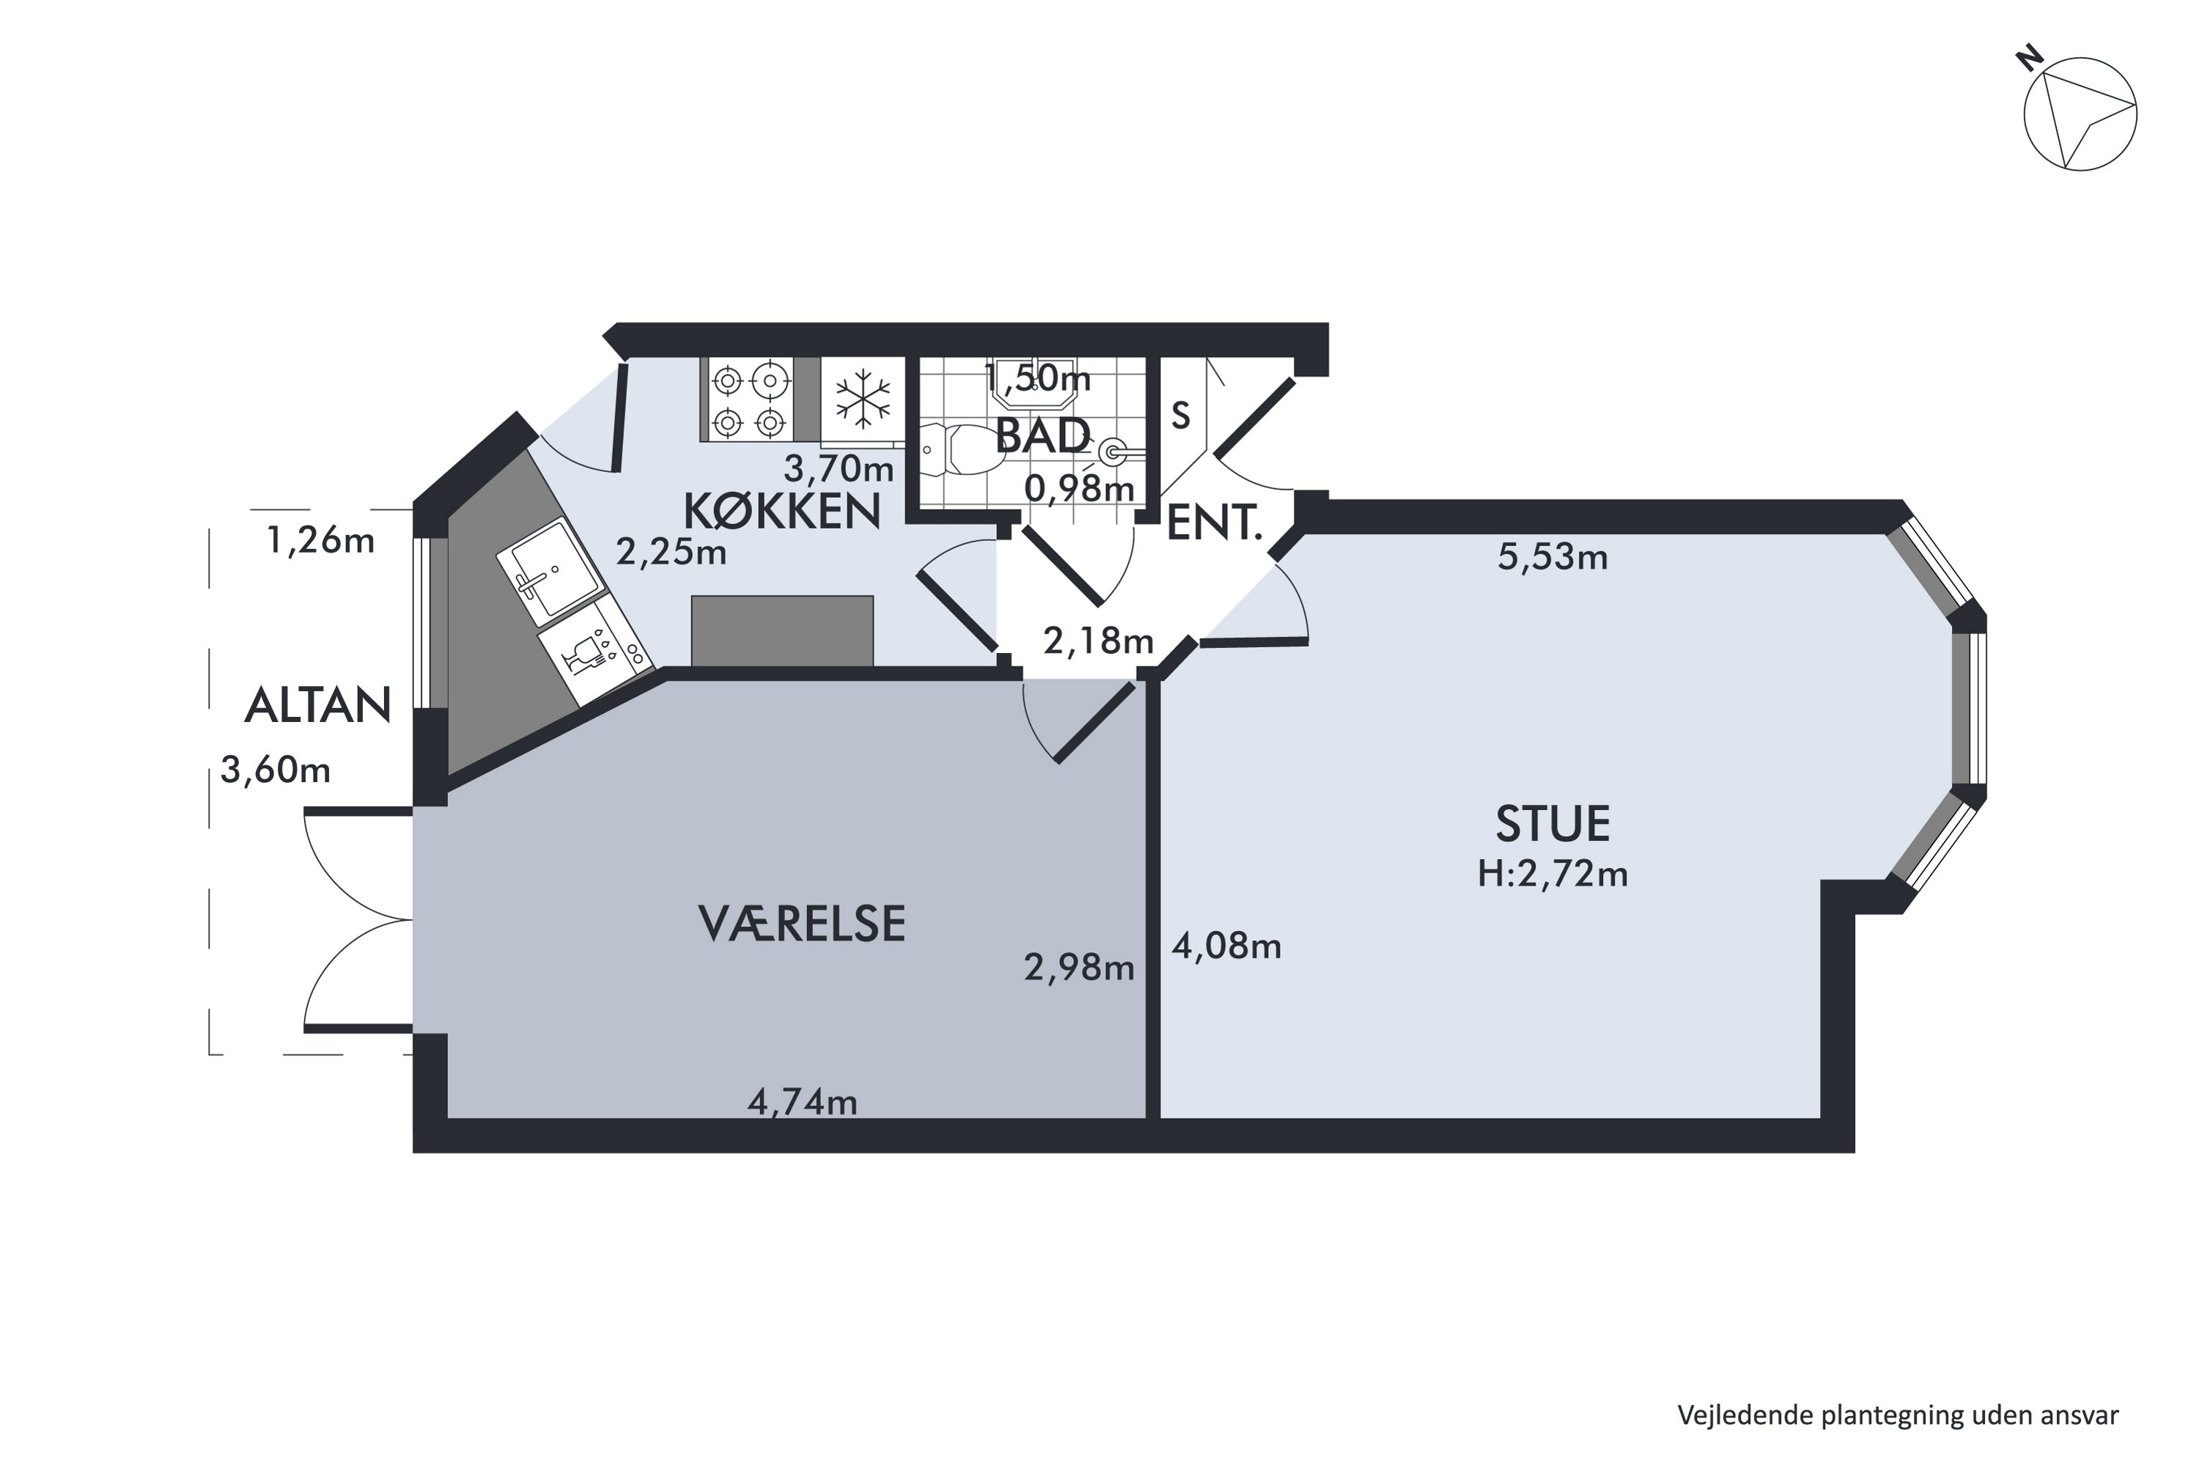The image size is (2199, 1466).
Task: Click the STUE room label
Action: [x=1553, y=824]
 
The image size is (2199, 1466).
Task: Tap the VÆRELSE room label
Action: [x=802, y=924]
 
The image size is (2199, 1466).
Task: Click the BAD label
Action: [x=1042, y=435]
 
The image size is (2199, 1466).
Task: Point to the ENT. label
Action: [x=1215, y=523]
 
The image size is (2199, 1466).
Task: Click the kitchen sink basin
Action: [x=549, y=570]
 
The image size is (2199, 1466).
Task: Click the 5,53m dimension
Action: [x=1553, y=557]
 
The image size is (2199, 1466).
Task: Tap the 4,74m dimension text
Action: [x=802, y=1102]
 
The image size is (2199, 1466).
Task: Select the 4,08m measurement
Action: [x=1226, y=946]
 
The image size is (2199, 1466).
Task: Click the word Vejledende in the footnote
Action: [x=1745, y=1415]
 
